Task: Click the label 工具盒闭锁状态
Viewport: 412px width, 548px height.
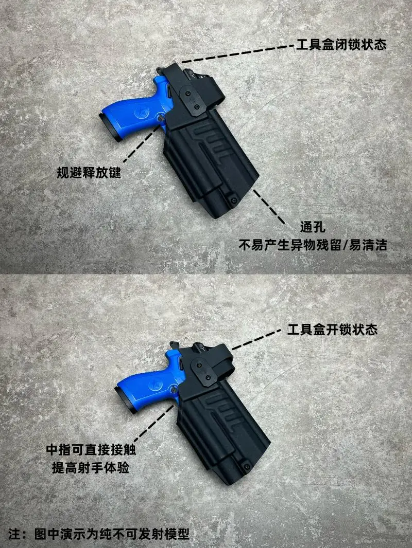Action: click(341, 45)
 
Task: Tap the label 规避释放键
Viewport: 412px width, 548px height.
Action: click(89, 172)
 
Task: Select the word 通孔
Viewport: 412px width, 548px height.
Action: click(313, 227)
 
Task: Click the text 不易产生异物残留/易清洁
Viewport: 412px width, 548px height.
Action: click(313, 245)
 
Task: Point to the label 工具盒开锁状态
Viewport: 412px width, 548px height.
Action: click(332, 330)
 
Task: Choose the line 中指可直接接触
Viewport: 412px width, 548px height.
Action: click(91, 449)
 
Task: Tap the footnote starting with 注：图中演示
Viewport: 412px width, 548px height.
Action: click(99, 534)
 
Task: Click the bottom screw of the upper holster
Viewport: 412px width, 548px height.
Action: click(232, 200)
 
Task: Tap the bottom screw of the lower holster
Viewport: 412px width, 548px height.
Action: click(247, 466)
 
